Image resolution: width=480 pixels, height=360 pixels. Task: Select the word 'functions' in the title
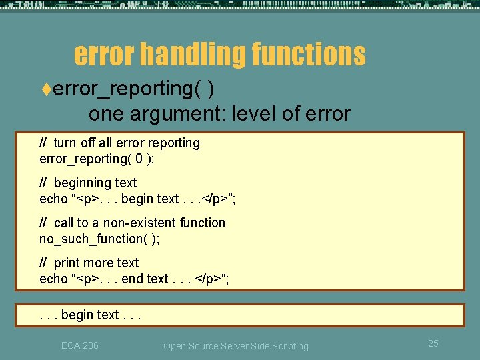pos(309,55)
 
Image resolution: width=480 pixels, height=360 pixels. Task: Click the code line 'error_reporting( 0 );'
pos(97,159)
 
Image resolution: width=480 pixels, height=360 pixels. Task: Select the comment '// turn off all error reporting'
pos(120,143)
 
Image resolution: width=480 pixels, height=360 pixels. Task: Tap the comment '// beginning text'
pos(89,183)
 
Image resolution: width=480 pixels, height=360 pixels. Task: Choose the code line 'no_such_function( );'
pos(99,239)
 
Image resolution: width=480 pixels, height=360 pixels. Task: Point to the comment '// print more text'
pos(89,263)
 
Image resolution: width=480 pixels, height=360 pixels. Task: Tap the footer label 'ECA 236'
pos(79,345)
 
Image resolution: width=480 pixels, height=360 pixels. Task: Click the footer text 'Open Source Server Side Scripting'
pos(236,346)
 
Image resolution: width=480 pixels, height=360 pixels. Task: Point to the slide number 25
pos(433,343)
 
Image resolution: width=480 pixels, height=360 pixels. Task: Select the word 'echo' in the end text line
pos(53,279)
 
